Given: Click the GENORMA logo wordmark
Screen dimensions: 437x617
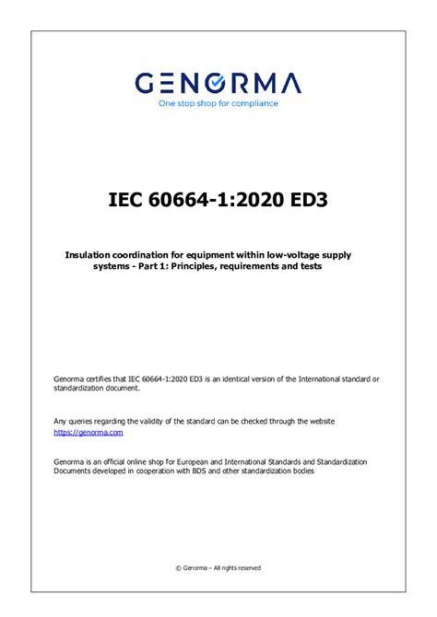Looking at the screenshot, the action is [218, 84].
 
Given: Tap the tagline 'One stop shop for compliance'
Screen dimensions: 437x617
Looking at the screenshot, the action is [218, 103].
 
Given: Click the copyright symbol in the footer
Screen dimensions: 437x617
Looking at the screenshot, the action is [177, 568].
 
